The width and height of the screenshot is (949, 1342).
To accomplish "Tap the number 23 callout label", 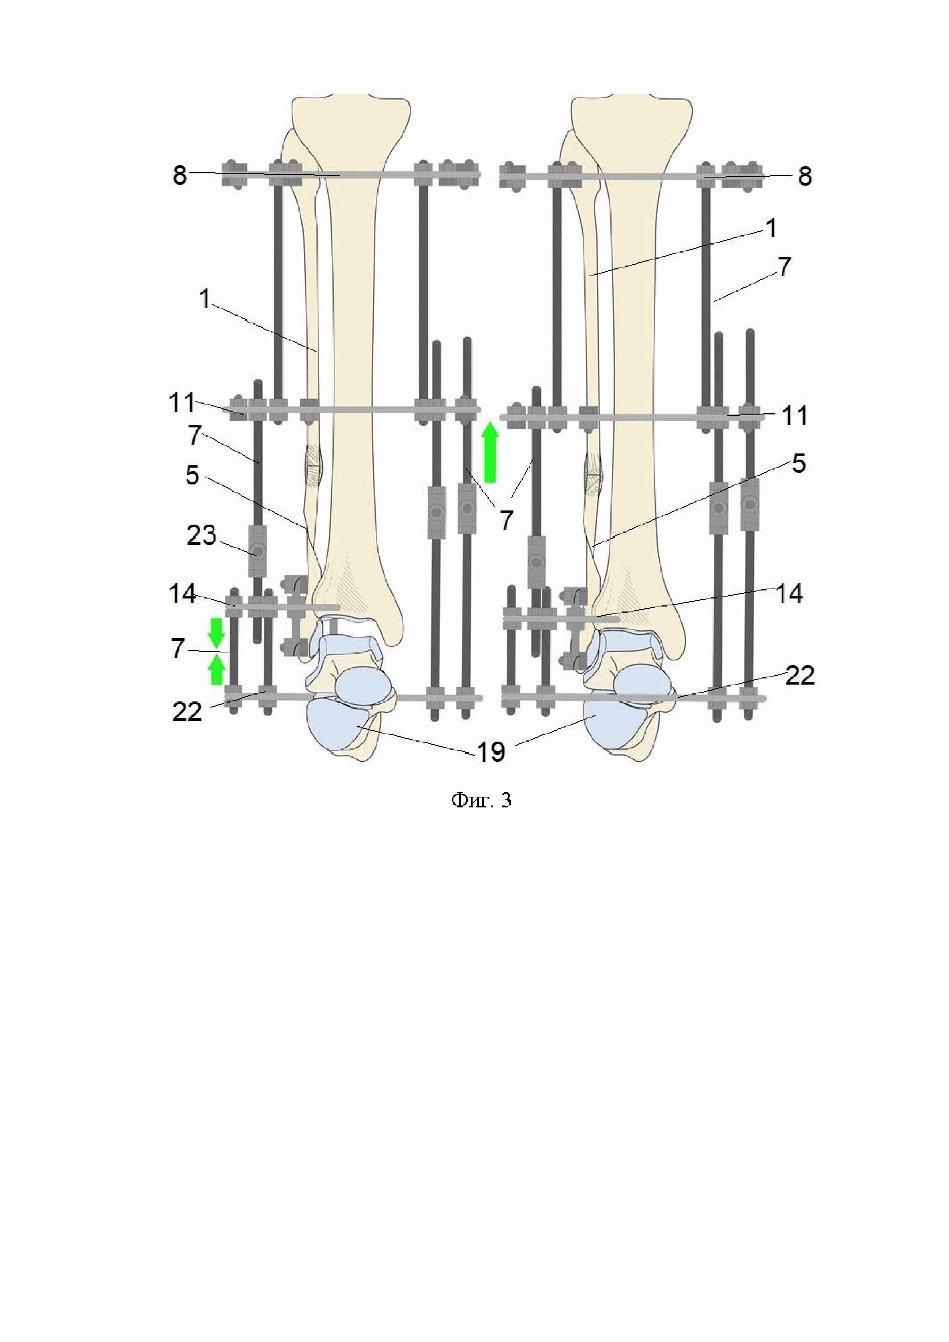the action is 202,535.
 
